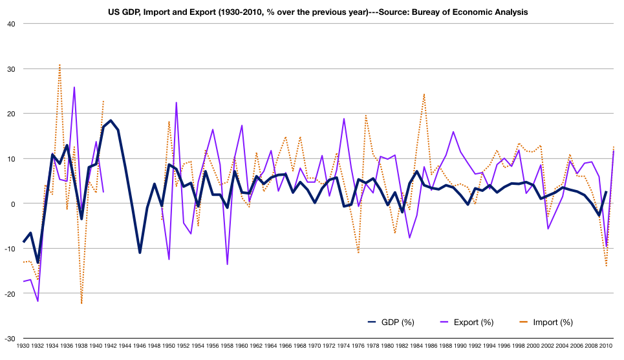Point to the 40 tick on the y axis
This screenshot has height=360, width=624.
click(12, 24)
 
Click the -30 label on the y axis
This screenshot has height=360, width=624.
click(10, 339)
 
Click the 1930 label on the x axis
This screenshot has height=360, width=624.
click(23, 346)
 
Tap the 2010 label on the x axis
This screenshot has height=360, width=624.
click(606, 346)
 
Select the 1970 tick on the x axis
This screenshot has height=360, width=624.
click(315, 346)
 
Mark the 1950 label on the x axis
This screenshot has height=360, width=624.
click(169, 346)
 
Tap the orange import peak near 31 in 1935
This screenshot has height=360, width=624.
click(59, 65)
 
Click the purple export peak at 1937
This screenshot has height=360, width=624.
click(74, 87)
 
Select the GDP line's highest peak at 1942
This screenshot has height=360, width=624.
click(111, 121)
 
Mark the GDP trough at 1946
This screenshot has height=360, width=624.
click(140, 252)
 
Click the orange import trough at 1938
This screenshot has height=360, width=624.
click(81, 303)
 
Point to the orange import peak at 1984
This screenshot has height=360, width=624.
click(424, 94)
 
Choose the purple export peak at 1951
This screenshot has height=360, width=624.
click(176, 103)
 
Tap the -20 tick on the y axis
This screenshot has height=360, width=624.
click(10, 293)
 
